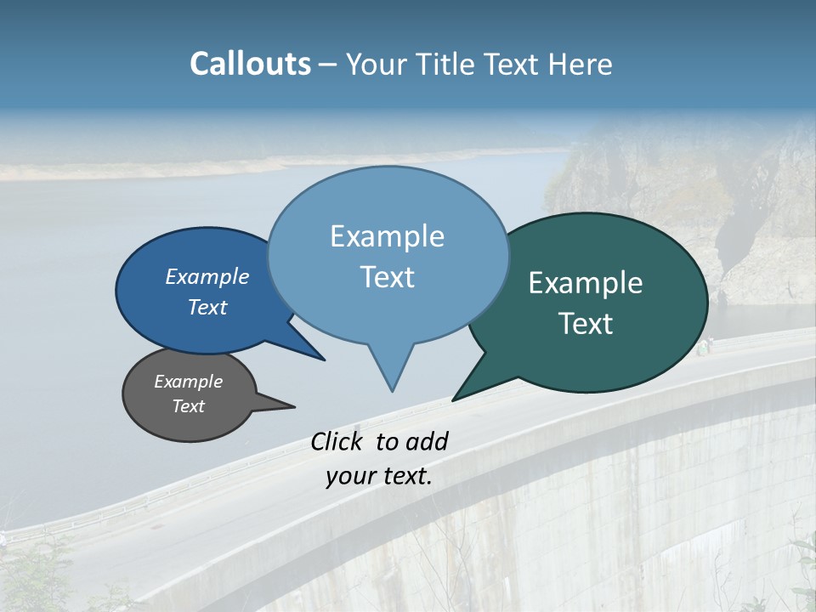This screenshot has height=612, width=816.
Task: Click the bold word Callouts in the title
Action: click(x=250, y=64)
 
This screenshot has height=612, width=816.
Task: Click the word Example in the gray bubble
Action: click(x=188, y=382)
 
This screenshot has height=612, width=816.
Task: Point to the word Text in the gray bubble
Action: click(x=188, y=406)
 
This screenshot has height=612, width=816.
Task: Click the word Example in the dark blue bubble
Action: click(x=207, y=276)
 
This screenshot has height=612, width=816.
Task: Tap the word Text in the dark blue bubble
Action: click(x=207, y=307)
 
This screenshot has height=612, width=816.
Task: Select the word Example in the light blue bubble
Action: click(x=387, y=236)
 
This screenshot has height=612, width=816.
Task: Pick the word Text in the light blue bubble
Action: click(x=387, y=277)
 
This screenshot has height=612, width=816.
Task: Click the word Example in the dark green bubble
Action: click(x=586, y=283)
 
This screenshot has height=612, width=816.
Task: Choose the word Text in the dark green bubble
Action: click(x=586, y=324)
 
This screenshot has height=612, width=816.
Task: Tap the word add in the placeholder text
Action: click(x=427, y=441)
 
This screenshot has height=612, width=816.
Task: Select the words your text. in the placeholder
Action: click(x=378, y=476)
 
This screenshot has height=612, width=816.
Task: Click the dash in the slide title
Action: click(x=329, y=65)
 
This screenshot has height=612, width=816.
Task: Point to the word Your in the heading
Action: click(x=374, y=64)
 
